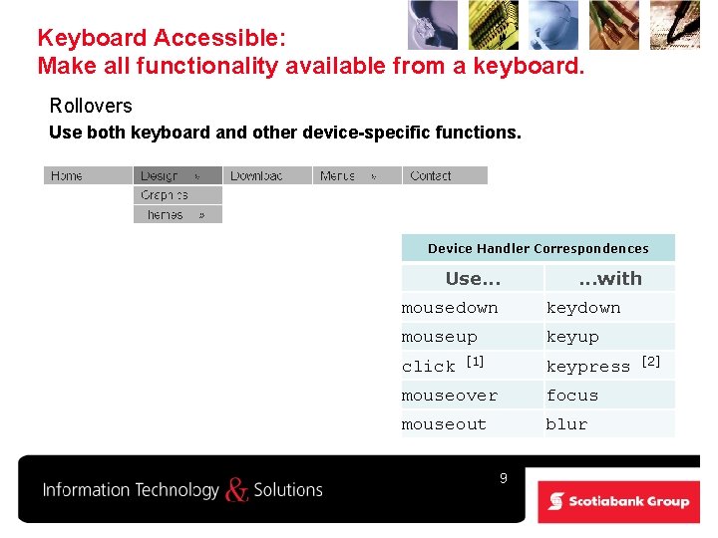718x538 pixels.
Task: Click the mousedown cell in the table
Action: coord(450,308)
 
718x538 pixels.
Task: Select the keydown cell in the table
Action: coord(583,308)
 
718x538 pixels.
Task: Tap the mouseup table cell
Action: coord(440,337)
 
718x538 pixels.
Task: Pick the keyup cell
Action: coord(572,337)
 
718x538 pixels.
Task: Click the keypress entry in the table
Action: coord(588,367)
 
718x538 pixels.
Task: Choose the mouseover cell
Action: coord(449,396)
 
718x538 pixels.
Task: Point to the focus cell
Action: coord(572,396)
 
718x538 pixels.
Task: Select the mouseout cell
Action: coord(444,424)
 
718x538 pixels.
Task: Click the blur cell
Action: coord(566,424)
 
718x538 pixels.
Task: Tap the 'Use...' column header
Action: coord(472,279)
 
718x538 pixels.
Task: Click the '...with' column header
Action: coord(610,279)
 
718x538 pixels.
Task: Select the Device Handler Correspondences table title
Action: coord(538,248)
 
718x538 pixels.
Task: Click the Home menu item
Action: coord(67,175)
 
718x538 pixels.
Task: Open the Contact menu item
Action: coord(431,175)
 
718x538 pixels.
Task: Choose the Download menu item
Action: coord(256,175)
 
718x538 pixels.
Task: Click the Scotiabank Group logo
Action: coord(619,501)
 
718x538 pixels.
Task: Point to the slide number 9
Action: coord(504,478)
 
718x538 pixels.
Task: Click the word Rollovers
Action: coord(91,106)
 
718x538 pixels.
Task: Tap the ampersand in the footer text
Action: coord(236,489)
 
